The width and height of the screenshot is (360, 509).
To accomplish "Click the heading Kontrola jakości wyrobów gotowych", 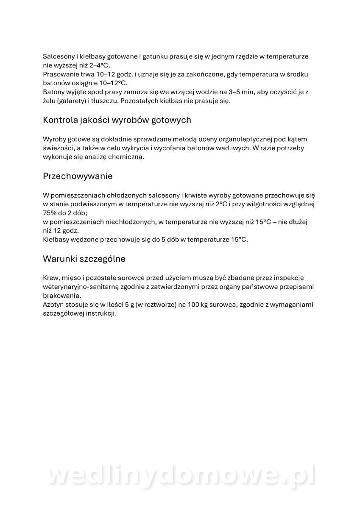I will tap(117, 120).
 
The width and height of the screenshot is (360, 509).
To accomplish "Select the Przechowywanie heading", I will tap(78, 176).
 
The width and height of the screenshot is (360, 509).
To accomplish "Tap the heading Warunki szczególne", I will tap(84, 258).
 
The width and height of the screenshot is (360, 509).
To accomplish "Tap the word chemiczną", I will tap(126, 157).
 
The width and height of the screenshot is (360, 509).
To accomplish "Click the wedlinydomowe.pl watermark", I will tap(180, 476).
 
